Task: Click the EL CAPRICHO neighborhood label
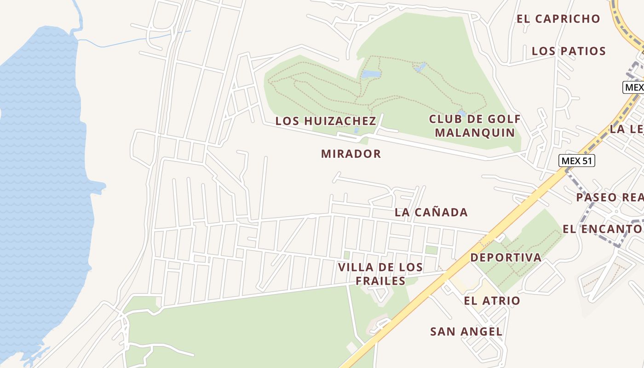(x=558, y=19)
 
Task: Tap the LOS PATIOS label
(x=569, y=51)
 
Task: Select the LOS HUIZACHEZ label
(x=326, y=121)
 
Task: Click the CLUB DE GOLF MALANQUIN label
(x=475, y=126)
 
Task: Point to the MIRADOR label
(x=351, y=154)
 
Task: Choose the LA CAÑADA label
(x=431, y=213)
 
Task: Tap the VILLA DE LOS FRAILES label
(x=380, y=274)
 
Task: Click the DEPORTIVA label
(x=506, y=258)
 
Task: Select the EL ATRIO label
(x=492, y=301)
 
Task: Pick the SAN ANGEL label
(x=466, y=332)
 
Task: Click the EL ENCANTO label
(x=603, y=229)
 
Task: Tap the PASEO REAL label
(x=609, y=197)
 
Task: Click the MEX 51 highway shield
(x=577, y=161)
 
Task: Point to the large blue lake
(x=41, y=184)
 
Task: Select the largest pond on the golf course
(x=371, y=74)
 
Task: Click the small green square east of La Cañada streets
(x=431, y=250)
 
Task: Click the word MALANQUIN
(x=475, y=132)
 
